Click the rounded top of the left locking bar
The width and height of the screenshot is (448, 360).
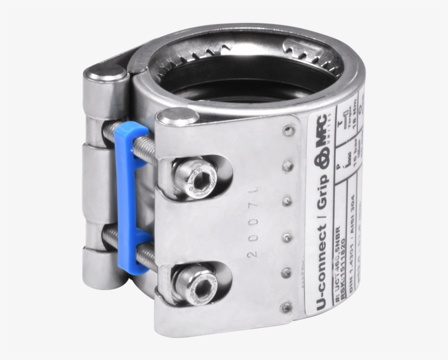[x=104, y=73]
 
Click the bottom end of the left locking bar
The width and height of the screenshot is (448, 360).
[x=104, y=273]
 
